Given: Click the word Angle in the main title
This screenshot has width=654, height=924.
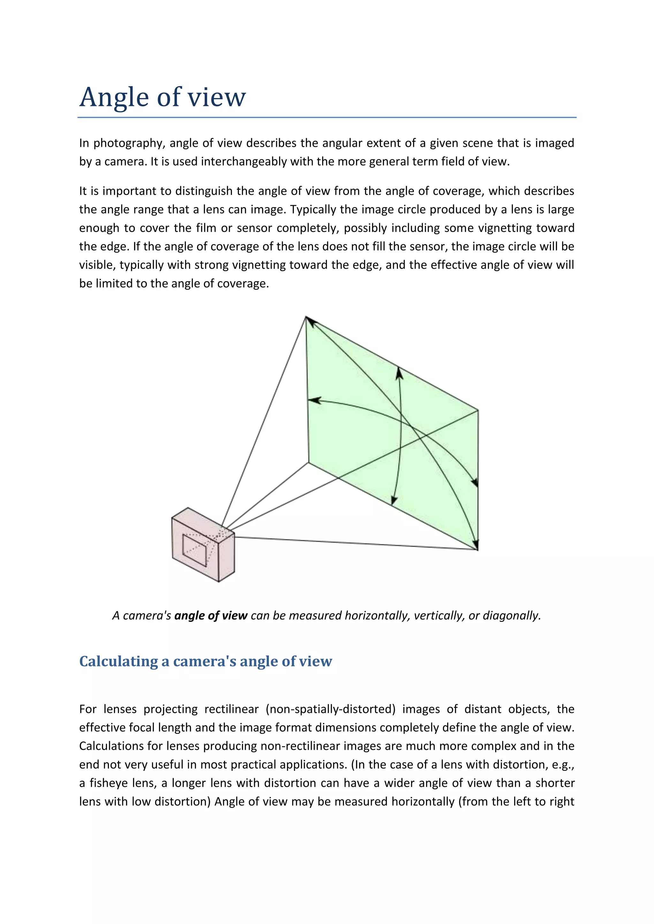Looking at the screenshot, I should point(114,98).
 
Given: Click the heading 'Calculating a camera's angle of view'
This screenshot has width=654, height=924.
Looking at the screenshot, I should point(205,661).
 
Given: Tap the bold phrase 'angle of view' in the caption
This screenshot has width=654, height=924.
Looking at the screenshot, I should point(211,615).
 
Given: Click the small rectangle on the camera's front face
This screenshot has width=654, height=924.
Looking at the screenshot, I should point(195,550).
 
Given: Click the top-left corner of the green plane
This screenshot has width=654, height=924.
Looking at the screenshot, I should point(306,317).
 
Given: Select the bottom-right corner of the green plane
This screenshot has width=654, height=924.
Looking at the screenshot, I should point(478,550).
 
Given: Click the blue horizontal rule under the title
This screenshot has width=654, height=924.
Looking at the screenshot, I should point(327,117).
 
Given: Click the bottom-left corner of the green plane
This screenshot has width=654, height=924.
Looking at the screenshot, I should point(308,463).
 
